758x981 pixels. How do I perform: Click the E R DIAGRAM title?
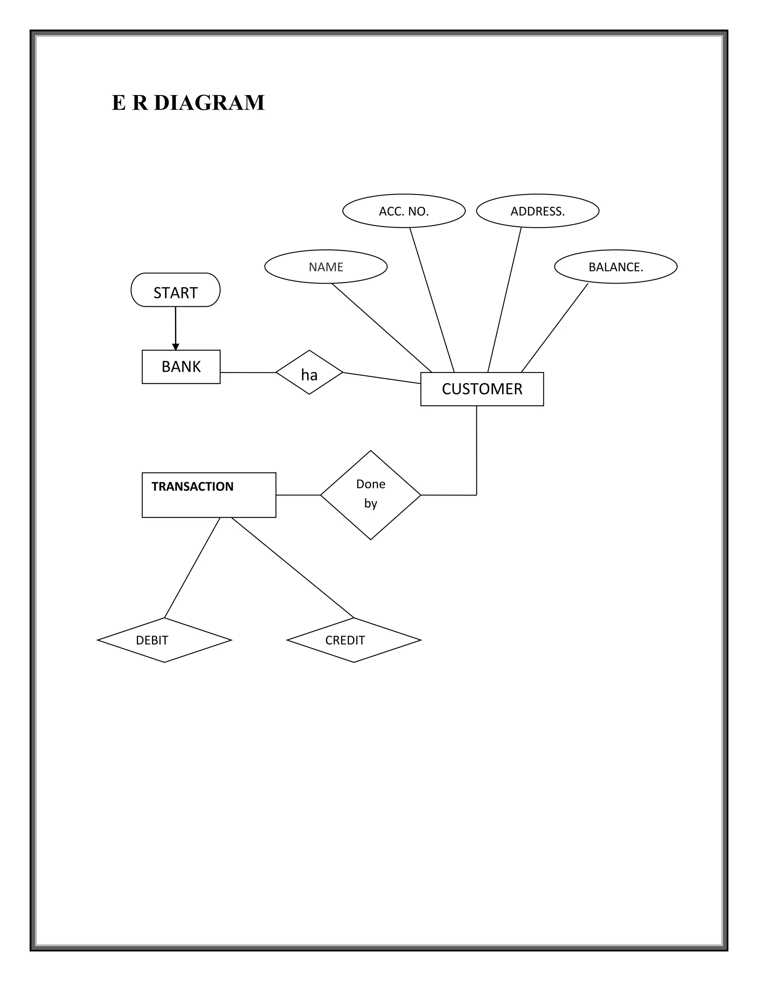pyautogui.click(x=188, y=103)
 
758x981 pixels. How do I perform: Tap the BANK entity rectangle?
pyautogui.click(x=181, y=366)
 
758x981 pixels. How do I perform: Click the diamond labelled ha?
pyautogui.click(x=309, y=372)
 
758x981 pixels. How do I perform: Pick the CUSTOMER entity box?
pyautogui.click(x=482, y=389)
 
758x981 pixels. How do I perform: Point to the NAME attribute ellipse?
pyautogui.click(x=326, y=267)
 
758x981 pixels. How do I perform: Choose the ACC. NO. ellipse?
pyautogui.click(x=404, y=211)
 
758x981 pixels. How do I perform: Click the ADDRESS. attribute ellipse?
pyautogui.click(x=537, y=211)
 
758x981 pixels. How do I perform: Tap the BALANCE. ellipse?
pyautogui.click(x=616, y=267)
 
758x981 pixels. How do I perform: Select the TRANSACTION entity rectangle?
pyautogui.click(x=209, y=495)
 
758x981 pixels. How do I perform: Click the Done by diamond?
pyautogui.click(x=370, y=495)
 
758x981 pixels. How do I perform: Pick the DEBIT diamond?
pyautogui.click(x=164, y=640)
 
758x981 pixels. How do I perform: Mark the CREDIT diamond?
pyautogui.click(x=354, y=640)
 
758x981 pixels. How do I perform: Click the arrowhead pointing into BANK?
pyautogui.click(x=175, y=347)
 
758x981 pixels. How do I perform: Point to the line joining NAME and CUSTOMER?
pyautogui.click(x=382, y=328)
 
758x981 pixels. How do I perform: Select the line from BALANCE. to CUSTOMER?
pyautogui.click(x=554, y=328)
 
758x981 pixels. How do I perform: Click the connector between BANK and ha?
pyautogui.click(x=248, y=372)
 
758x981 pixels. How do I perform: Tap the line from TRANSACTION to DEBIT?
pyautogui.click(x=192, y=568)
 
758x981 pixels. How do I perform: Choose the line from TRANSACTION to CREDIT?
pyautogui.click(x=292, y=568)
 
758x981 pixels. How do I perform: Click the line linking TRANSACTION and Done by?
pyautogui.click(x=298, y=495)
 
